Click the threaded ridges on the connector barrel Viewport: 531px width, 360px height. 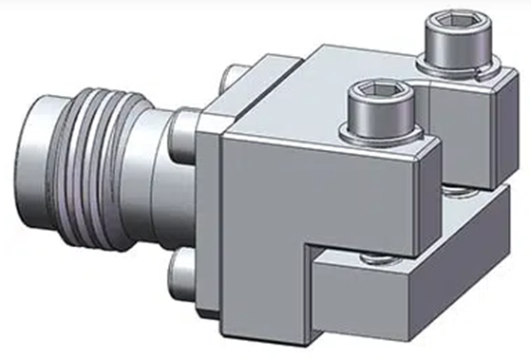pos(113,133)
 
